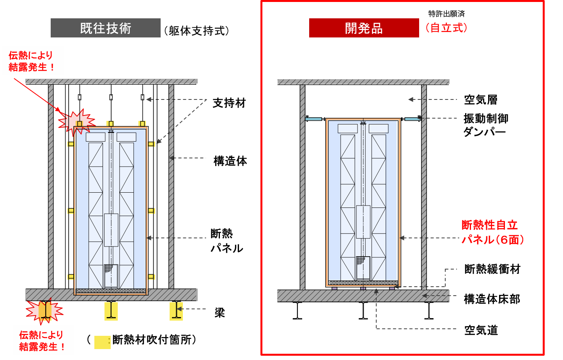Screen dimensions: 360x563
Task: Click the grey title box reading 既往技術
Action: pos(105,28)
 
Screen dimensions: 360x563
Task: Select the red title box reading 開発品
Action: pos(364,28)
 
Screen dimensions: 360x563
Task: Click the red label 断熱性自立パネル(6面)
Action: pos(492,232)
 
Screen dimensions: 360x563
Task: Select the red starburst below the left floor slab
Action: pos(44,311)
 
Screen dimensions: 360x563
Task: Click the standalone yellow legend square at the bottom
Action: pos(102,342)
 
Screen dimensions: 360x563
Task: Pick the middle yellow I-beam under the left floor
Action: pos(111,311)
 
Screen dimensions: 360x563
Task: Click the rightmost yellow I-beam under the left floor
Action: pos(176,311)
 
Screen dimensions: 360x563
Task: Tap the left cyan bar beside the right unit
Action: pos(313,119)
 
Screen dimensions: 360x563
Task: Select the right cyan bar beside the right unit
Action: pos(413,119)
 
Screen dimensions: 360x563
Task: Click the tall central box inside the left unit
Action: pos(111,230)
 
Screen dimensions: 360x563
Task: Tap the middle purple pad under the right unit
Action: pos(363,289)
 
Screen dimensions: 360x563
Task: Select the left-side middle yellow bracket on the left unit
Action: pos(71,211)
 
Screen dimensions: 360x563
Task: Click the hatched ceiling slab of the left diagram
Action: pos(112,81)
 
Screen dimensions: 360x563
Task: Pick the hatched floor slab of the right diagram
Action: pos(363,296)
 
